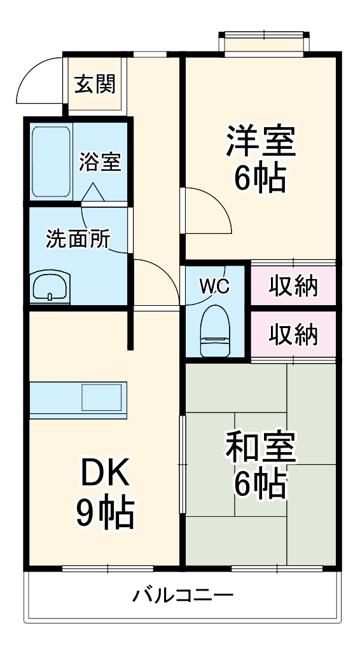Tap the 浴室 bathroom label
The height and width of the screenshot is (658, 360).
click(x=99, y=162)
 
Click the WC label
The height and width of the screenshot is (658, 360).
click(x=214, y=287)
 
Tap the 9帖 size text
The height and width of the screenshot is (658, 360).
click(x=105, y=514)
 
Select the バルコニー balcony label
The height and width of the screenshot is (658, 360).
click(x=183, y=596)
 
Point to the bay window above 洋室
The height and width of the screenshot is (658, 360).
click(x=265, y=41)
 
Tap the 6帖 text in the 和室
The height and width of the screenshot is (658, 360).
click(x=259, y=486)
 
